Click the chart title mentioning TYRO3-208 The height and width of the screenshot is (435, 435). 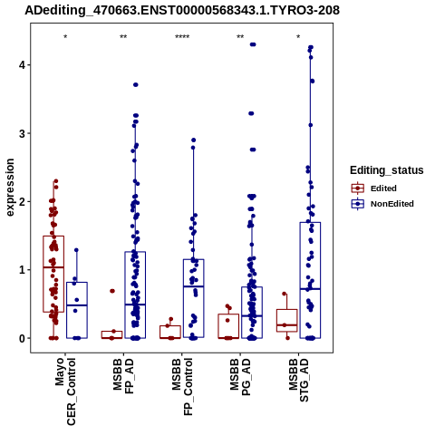182,10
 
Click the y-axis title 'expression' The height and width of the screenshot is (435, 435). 10,188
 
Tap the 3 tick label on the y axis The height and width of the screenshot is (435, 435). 22,133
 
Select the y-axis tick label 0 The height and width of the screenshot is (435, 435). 22,339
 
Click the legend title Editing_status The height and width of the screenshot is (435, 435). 387,170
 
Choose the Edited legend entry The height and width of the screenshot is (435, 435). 383,188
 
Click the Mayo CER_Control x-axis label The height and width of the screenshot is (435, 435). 65,391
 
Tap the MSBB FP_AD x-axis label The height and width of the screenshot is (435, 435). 123,376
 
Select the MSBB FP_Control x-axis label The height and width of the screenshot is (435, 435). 182,387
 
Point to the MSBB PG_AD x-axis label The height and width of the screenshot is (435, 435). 240,377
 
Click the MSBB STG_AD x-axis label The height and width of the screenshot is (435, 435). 299,380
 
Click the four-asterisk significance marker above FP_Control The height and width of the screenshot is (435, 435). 182,37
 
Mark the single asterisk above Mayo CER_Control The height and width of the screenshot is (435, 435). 65,37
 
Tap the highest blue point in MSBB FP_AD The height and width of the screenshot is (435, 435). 136,84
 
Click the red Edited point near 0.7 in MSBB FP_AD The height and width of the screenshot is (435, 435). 112,291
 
